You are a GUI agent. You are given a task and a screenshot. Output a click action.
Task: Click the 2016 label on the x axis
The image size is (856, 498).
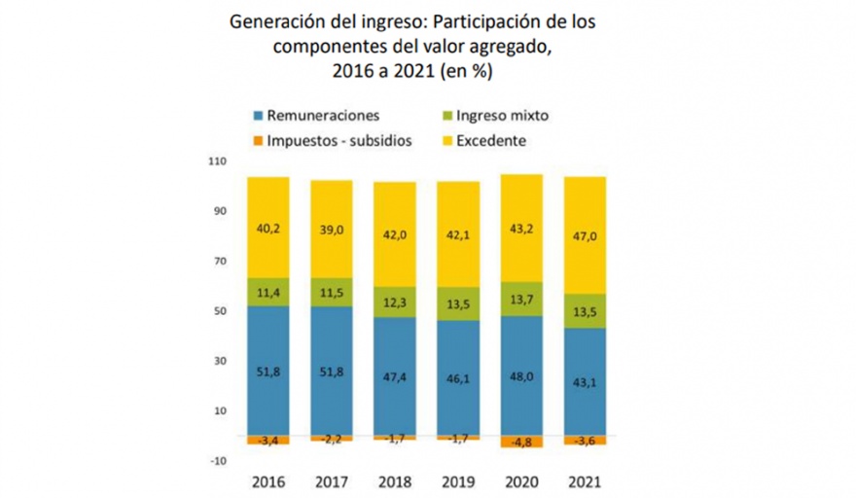[267, 481]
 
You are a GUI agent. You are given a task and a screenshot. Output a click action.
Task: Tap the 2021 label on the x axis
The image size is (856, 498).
[584, 481]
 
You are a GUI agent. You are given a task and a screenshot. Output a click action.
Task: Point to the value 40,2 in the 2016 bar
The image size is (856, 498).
[267, 230]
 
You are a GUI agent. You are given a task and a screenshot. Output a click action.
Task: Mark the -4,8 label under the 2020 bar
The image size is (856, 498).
[521, 441]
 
